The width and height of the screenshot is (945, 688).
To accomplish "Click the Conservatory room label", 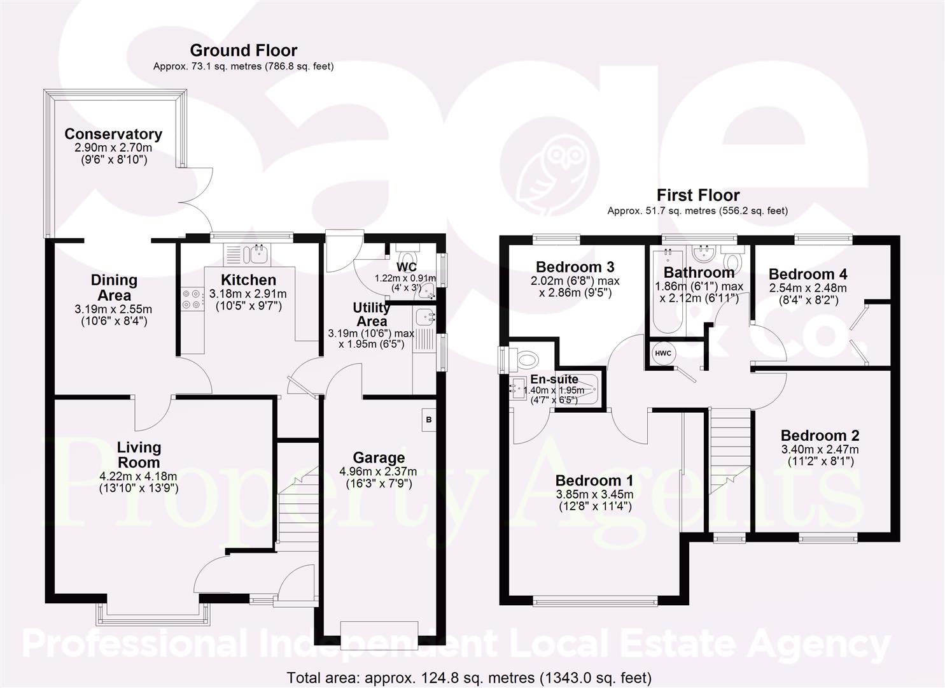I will (113, 134).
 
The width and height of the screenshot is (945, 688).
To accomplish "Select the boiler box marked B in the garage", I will (429, 420).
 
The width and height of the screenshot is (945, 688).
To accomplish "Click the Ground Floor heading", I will (243, 50).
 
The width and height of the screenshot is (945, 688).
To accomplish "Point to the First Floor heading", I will (697, 195).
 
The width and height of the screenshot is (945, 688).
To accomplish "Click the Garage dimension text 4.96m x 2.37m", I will (379, 471).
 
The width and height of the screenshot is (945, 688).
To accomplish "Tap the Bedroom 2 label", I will (820, 436).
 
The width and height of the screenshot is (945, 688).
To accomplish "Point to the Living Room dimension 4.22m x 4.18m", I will (138, 476).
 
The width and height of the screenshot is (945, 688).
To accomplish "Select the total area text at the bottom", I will (469, 677).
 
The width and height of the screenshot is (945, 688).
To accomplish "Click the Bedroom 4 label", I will (808, 274).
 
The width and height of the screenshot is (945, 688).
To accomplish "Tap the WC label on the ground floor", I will (406, 266).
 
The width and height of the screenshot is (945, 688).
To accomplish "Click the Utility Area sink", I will (424, 316).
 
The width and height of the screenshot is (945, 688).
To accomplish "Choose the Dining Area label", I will (114, 287).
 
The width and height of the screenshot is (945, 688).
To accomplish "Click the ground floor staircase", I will (297, 503).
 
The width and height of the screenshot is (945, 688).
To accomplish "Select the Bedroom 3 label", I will (575, 266).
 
